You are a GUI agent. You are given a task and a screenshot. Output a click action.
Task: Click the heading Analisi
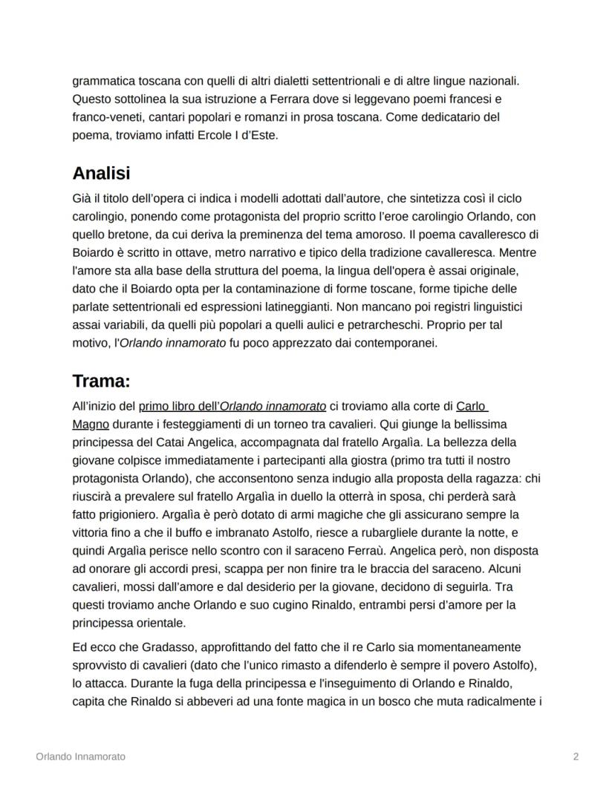click(x=101, y=174)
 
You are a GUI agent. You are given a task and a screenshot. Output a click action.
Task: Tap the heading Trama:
click(x=101, y=382)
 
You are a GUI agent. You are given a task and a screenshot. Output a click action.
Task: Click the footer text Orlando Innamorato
click(x=80, y=756)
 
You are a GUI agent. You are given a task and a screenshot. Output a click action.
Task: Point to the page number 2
click(x=576, y=756)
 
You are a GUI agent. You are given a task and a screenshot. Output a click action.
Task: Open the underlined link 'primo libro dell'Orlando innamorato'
click(x=232, y=406)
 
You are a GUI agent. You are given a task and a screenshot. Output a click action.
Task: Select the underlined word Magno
click(x=91, y=424)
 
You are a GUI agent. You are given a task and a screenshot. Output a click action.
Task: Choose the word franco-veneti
click(x=106, y=117)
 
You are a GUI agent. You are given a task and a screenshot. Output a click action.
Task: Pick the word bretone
click(x=131, y=235)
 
